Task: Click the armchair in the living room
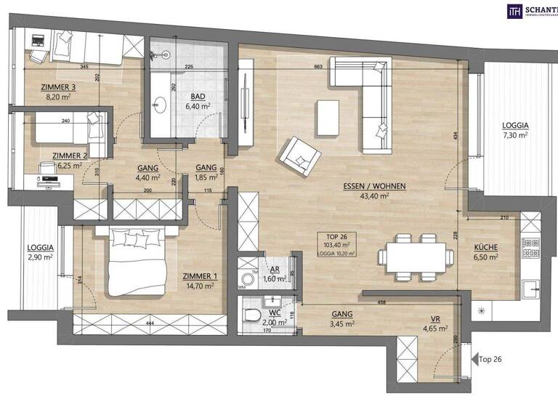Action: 301,156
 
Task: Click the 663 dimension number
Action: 318,68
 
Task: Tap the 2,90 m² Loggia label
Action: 40,251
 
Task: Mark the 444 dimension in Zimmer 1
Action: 149,322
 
